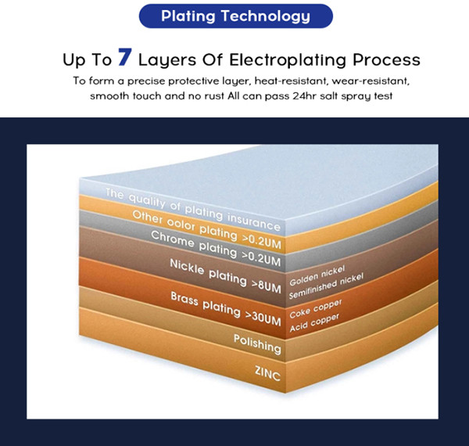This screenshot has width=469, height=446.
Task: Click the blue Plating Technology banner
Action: [236, 16]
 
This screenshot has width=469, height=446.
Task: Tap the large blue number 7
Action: [125, 56]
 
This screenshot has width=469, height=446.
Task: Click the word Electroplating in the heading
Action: [287, 60]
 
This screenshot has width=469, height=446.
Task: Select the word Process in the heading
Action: [386, 59]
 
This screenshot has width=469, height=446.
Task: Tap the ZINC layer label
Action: [267, 373]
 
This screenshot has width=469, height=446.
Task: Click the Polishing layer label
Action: [257, 344]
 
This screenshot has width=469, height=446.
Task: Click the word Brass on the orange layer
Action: [184, 299]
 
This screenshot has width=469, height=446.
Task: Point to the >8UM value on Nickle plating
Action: [267, 286]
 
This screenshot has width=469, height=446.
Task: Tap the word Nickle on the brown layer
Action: [187, 266]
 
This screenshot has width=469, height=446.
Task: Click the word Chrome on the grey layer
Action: [172, 239]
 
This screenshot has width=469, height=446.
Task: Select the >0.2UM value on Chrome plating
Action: [261, 259]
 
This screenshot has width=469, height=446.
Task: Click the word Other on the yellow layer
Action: [147, 217]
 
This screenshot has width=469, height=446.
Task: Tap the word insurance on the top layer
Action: [253, 221]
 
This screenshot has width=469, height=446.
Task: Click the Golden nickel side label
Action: [317, 275]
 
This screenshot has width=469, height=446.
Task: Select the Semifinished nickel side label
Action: [326, 286]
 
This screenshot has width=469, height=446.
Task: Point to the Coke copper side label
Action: [316, 308]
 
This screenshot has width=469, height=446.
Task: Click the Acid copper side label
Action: [314, 322]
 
